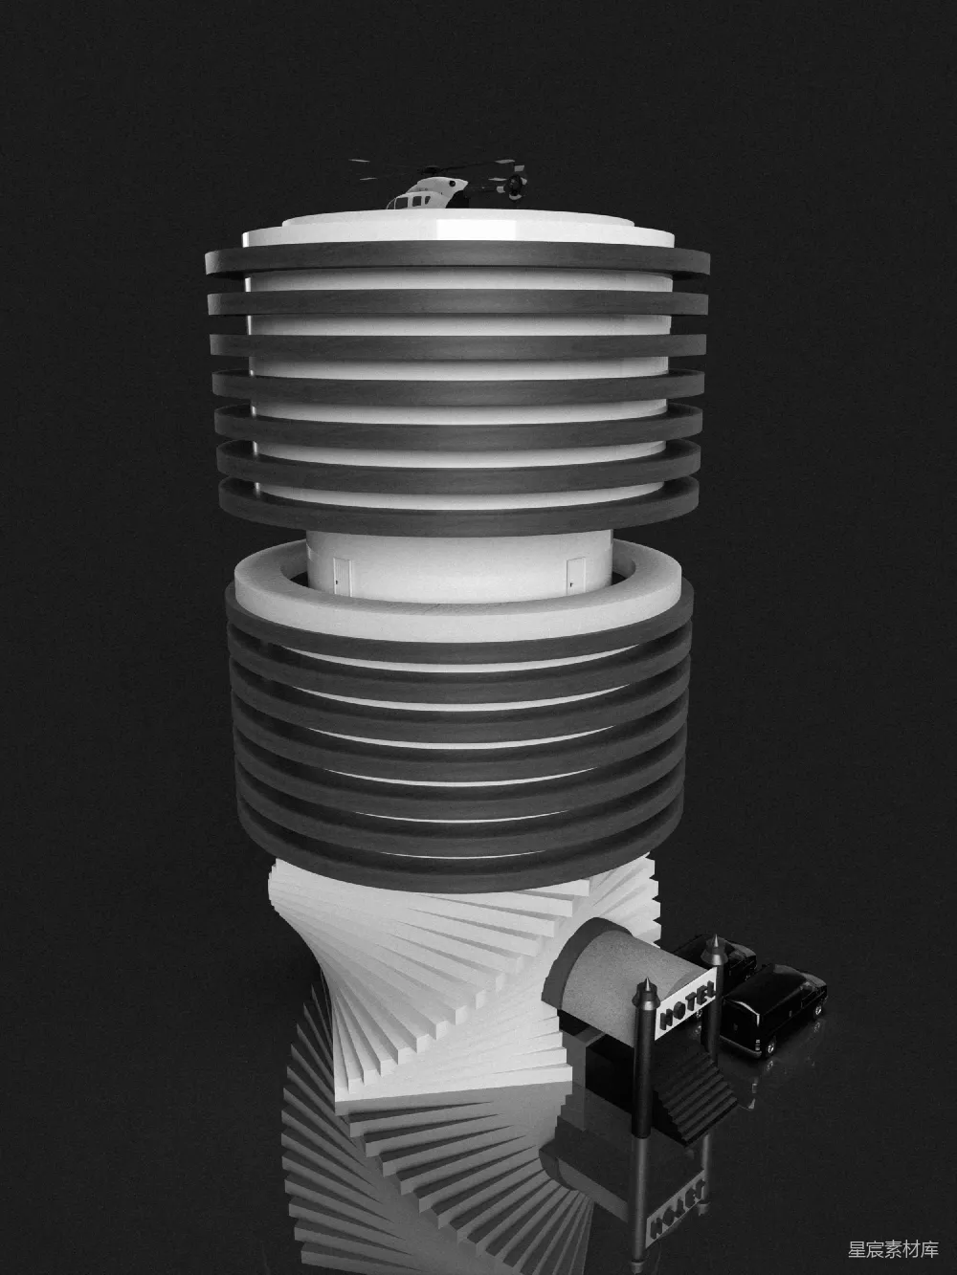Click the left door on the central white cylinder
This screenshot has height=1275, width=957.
(x=343, y=576)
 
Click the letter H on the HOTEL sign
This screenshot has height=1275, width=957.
(x=666, y=1019)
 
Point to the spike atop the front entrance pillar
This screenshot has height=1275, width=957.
(x=644, y=990)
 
